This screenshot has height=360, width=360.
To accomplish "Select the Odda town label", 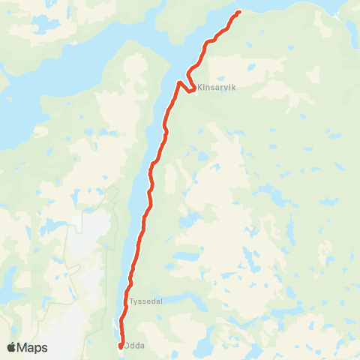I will coord(136,345).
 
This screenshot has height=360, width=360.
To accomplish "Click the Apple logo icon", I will coord(12,347).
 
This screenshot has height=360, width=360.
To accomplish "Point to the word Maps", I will coord(33,348).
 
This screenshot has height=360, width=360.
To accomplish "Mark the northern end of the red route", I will coord(238,12).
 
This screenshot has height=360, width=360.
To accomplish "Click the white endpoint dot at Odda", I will coord(121,346).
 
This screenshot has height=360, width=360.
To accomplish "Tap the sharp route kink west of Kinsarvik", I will coord(179,82).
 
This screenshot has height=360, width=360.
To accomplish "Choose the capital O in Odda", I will coord(127,345).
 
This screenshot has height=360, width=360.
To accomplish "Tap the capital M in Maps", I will coord(24,348).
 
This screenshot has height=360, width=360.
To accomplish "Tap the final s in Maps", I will coord(44,348).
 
